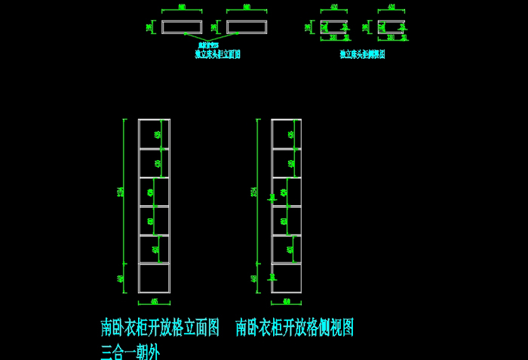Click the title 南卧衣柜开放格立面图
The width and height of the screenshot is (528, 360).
[x=160, y=328]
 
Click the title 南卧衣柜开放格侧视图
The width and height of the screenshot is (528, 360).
[x=294, y=328]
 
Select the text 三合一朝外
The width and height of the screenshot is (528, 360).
[x=130, y=351]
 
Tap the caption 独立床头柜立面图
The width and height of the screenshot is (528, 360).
[x=217, y=54]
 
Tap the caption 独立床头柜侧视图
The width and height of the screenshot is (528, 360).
[x=362, y=54]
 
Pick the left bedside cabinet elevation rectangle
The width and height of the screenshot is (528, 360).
[x=182, y=27]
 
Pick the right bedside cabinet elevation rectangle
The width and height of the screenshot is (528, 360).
[x=247, y=27]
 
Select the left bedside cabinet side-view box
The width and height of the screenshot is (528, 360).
[x=333, y=27]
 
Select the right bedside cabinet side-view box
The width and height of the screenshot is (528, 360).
[x=391, y=27]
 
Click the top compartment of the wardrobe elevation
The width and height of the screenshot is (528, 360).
[x=149, y=134]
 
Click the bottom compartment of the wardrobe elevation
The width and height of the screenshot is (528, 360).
[x=154, y=278]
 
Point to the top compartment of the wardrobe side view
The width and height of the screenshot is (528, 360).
[x=282, y=134]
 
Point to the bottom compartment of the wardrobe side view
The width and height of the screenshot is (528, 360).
[x=287, y=278]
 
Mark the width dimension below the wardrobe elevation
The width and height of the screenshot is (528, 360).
[x=154, y=301]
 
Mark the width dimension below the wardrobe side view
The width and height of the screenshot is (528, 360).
[x=287, y=301]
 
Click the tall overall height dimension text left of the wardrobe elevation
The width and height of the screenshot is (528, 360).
[x=121, y=192]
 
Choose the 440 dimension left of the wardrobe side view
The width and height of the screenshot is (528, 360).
[x=254, y=278]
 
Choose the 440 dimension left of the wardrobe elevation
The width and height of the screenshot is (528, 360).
[x=121, y=278]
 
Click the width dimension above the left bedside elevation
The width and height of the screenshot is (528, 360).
[x=182, y=7]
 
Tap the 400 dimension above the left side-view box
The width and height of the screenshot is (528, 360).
[x=333, y=7]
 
